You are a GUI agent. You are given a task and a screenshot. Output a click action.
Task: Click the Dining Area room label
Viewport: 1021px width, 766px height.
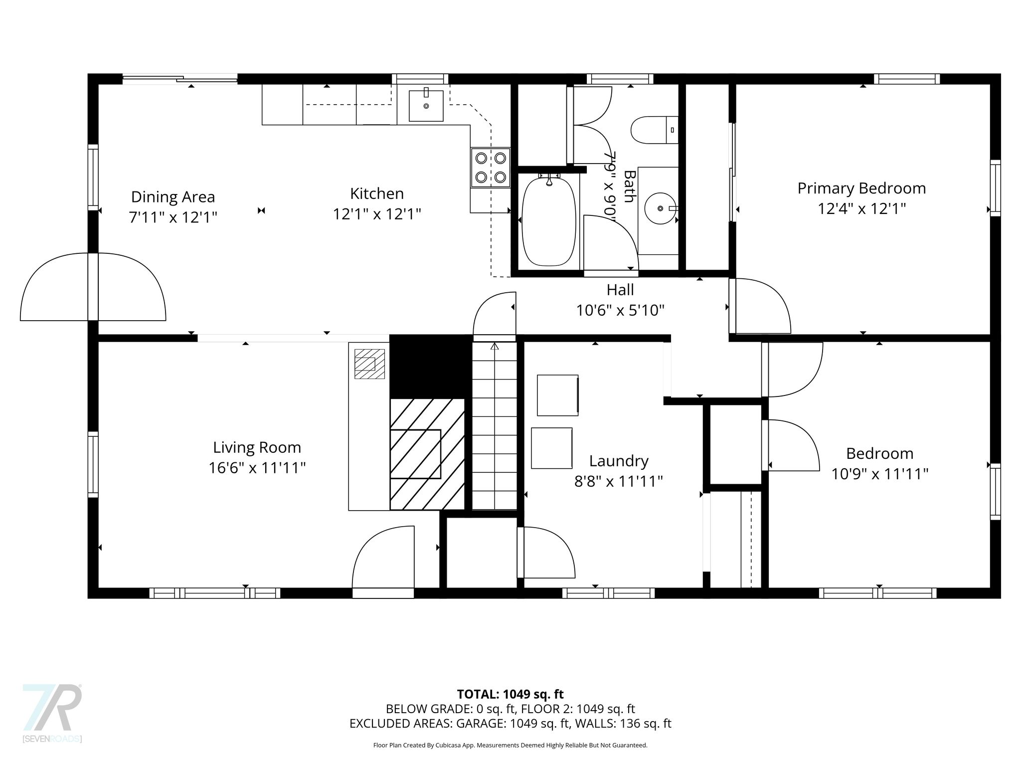pyautogui.click(x=173, y=197)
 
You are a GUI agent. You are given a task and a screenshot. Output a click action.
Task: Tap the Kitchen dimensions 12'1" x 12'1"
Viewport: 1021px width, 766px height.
pyautogui.click(x=377, y=214)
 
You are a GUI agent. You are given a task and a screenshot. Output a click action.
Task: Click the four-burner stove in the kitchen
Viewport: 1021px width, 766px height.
pyautogui.click(x=491, y=168)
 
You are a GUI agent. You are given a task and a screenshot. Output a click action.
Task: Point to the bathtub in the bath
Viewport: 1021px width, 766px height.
pyautogui.click(x=548, y=221)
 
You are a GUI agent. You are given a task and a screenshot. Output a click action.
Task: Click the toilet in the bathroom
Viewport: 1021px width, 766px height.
pyautogui.click(x=655, y=130)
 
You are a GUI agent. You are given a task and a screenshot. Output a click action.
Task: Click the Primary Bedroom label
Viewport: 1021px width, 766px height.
pyautogui.click(x=861, y=188)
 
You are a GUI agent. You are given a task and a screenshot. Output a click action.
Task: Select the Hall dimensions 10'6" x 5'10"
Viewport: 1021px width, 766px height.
pyautogui.click(x=620, y=311)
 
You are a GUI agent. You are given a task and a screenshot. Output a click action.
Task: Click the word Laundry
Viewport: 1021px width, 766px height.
pyautogui.click(x=619, y=461)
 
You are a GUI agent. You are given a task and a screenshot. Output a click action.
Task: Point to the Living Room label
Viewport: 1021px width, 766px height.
pyautogui.click(x=257, y=447)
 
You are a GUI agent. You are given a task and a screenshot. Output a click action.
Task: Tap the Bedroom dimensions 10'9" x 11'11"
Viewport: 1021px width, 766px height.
pyautogui.click(x=879, y=474)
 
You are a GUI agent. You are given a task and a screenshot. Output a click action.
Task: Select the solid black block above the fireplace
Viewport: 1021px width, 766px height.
pyautogui.click(x=430, y=366)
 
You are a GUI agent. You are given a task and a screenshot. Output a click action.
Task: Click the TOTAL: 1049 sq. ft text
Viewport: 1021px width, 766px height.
pyautogui.click(x=510, y=694)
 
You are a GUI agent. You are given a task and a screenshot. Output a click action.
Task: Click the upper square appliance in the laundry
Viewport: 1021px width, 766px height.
pyautogui.click(x=557, y=395)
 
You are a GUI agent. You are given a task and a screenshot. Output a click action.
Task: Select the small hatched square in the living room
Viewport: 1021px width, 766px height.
pyautogui.click(x=369, y=364)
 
